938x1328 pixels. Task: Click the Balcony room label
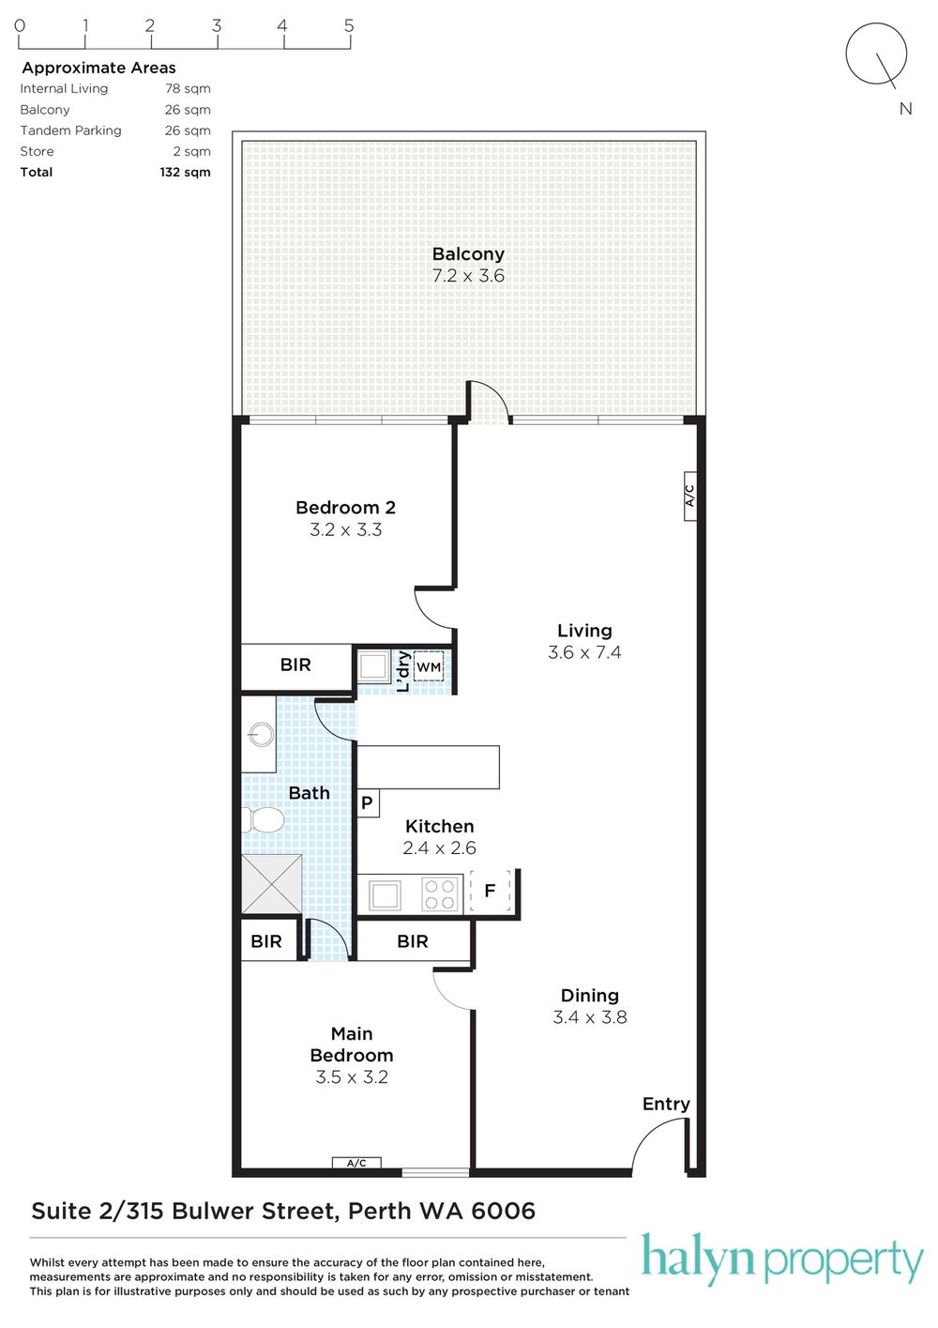click(x=468, y=253)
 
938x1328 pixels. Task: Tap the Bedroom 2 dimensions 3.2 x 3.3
click(x=345, y=529)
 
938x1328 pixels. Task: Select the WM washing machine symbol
click(x=429, y=666)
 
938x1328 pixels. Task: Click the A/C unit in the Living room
click(x=689, y=496)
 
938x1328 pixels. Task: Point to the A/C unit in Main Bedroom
click(x=356, y=1163)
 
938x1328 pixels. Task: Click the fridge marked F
click(x=490, y=891)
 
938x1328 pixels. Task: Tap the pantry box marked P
click(x=368, y=802)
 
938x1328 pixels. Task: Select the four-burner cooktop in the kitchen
click(x=439, y=894)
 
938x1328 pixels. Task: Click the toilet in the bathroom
click(x=263, y=820)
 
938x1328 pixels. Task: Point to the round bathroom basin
click(x=261, y=735)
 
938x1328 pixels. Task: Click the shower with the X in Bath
click(x=271, y=883)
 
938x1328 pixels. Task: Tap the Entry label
click(x=666, y=1104)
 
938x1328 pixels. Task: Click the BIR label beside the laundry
click(x=295, y=665)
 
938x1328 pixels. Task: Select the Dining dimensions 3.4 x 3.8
click(x=590, y=1017)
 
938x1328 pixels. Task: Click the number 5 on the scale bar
click(x=349, y=25)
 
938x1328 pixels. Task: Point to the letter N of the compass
click(x=905, y=109)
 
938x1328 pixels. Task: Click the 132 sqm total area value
click(x=185, y=172)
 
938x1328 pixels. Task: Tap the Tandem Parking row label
click(x=70, y=130)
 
